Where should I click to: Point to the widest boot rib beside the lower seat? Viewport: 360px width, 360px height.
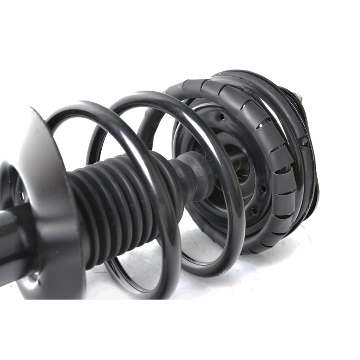coord(79,216)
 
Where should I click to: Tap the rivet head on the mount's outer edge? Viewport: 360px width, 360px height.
coord(304,142)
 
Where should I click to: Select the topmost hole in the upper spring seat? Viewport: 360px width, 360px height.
coord(222,117)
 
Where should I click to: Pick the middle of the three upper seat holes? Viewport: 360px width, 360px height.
coord(263,189)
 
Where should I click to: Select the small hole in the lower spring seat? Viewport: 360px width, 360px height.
coord(21,195)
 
